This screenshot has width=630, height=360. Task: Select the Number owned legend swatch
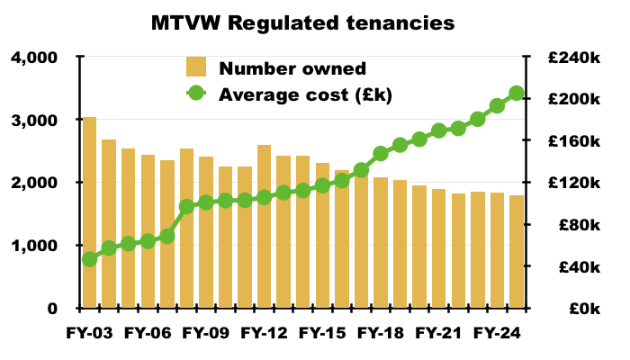196,67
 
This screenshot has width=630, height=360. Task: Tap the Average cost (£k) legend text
306,93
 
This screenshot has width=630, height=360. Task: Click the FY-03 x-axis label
90,332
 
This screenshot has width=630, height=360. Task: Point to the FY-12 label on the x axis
265,332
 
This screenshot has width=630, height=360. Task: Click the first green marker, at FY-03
89,259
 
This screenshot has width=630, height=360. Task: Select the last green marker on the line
517,94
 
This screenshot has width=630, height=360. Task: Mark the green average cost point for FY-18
381,153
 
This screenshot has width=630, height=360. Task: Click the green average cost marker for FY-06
148,241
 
